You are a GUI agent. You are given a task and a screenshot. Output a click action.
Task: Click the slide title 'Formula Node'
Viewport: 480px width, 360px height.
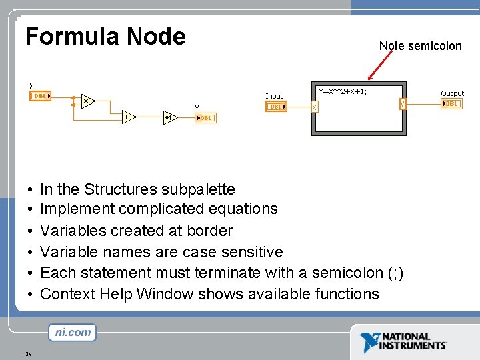tap(105, 36)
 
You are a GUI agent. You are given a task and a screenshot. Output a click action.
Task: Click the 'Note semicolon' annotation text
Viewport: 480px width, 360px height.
tap(420, 46)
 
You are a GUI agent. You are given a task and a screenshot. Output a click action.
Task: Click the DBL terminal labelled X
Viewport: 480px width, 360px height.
tap(41, 96)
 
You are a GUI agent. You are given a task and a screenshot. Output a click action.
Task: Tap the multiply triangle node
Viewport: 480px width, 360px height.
tap(87, 101)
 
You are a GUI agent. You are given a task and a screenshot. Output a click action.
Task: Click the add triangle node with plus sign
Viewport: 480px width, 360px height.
tap(127, 117)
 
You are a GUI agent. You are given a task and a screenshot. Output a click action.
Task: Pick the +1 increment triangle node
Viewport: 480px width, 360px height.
tap(169, 117)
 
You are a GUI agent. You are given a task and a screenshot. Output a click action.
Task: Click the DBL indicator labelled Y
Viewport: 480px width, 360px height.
tap(205, 118)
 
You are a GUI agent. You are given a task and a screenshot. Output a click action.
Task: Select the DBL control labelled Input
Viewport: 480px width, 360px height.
tap(275, 107)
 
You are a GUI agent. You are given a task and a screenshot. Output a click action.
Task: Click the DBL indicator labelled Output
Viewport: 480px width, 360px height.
tap(451, 103)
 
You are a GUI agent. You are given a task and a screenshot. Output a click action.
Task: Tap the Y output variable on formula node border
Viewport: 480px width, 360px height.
tap(403, 105)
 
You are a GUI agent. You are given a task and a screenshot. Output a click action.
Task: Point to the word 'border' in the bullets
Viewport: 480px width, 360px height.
tap(211, 231)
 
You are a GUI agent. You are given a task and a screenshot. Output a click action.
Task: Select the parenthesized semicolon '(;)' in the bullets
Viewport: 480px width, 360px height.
tap(395, 273)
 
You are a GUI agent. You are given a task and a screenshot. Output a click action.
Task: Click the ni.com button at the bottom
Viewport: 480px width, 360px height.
tap(72, 332)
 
